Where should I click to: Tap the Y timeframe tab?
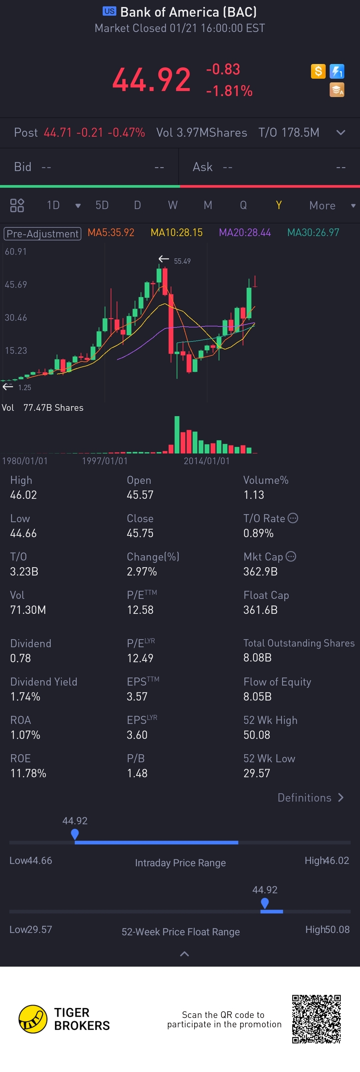tap(278, 205)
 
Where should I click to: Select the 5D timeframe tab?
tap(102, 205)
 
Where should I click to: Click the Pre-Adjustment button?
tap(42, 233)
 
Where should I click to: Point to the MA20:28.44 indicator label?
tap(245, 233)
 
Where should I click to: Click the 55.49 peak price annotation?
tap(182, 261)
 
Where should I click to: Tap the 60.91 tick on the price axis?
tap(16, 252)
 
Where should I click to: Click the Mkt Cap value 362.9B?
tap(260, 572)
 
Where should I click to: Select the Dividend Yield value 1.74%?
tap(25, 697)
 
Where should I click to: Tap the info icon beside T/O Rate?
tap(293, 518)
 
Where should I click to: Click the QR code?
tap(316, 1019)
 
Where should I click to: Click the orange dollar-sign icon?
tap(318, 71)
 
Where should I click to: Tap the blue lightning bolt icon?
tap(337, 71)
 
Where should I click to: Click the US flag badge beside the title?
tap(109, 11)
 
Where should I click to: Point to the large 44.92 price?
tap(151, 79)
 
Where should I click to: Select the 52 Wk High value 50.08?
tap(256, 735)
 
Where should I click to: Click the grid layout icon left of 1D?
tap(17, 205)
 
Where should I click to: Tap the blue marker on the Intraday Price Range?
tap(75, 834)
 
